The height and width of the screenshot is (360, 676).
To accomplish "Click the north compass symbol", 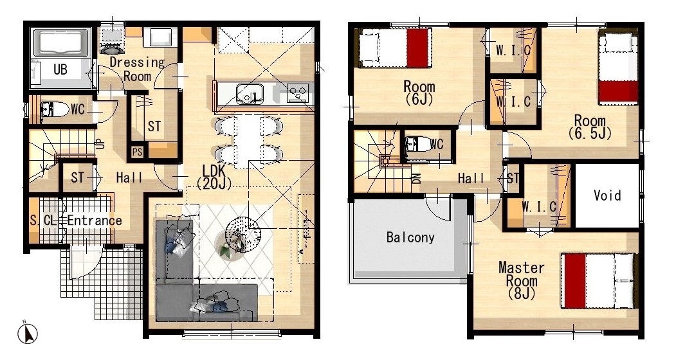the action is pyautogui.click(x=27, y=333).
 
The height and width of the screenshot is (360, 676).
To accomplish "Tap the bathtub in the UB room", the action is pyautogui.click(x=61, y=43).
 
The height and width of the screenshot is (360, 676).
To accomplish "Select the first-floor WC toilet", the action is pyautogui.click(x=54, y=109).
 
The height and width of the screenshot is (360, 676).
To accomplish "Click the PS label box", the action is pyautogui.click(x=137, y=152).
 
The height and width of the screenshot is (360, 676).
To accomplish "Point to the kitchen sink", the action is pyautogui.click(x=250, y=94).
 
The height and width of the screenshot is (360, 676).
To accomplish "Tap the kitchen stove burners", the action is pyautogui.click(x=298, y=93).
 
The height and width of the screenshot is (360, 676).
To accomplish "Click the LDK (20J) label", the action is pyautogui.click(x=214, y=176).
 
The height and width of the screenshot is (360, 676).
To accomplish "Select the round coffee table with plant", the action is pyautogui.click(x=239, y=240).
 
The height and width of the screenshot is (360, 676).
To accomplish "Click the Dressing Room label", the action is pyautogui.click(x=137, y=69).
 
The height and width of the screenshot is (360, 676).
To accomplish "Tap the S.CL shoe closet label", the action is pyautogui.click(x=43, y=221).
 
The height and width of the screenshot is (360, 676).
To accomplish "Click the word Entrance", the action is pyautogui.click(x=95, y=221).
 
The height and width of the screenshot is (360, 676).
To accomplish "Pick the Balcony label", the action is pyautogui.click(x=410, y=238).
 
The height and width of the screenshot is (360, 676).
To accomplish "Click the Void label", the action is pyautogui.click(x=607, y=195).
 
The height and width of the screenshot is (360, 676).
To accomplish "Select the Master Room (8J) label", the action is pyautogui.click(x=521, y=281).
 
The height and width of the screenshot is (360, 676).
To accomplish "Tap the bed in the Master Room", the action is pyautogui.click(x=599, y=281).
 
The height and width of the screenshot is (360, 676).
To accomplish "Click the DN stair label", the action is pyautogui.click(x=416, y=179).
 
